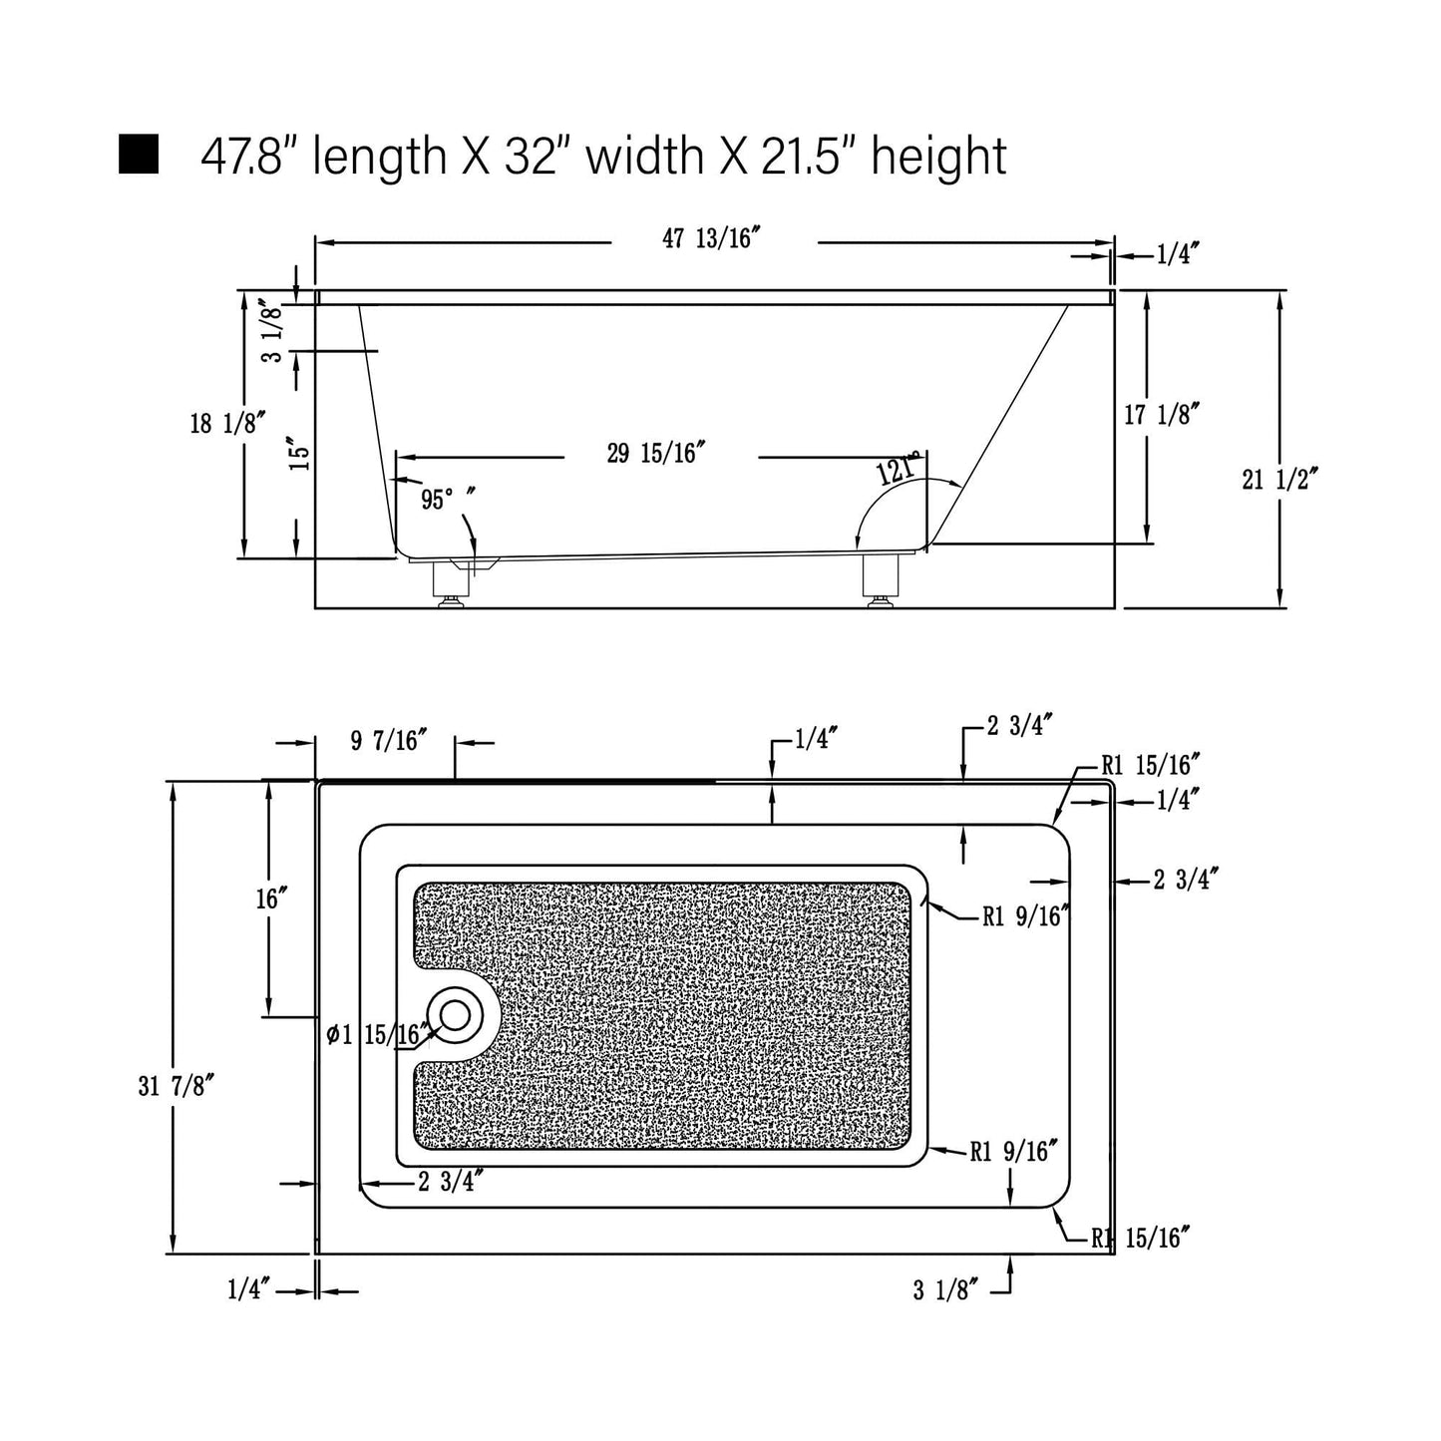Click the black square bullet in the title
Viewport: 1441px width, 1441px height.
[139, 155]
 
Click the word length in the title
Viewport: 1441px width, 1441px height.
[379, 157]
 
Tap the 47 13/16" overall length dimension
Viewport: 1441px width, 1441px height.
[711, 238]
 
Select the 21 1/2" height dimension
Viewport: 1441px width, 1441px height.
[1279, 479]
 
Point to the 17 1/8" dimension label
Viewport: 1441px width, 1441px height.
[1162, 414]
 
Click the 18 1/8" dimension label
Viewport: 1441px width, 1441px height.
[228, 423]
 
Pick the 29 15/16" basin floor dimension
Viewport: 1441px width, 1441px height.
[656, 453]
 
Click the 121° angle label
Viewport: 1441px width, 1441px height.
[899, 469]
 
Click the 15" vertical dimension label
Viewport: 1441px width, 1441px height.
[299, 453]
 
